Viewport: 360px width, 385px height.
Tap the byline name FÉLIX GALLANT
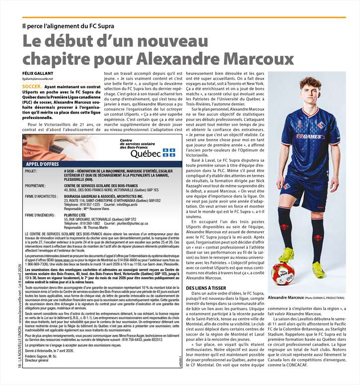click(38, 73)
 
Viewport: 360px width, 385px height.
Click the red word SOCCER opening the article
click(32, 86)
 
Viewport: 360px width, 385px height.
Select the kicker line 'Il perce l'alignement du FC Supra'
click(69, 26)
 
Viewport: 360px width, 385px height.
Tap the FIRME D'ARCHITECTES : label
click(42, 196)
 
